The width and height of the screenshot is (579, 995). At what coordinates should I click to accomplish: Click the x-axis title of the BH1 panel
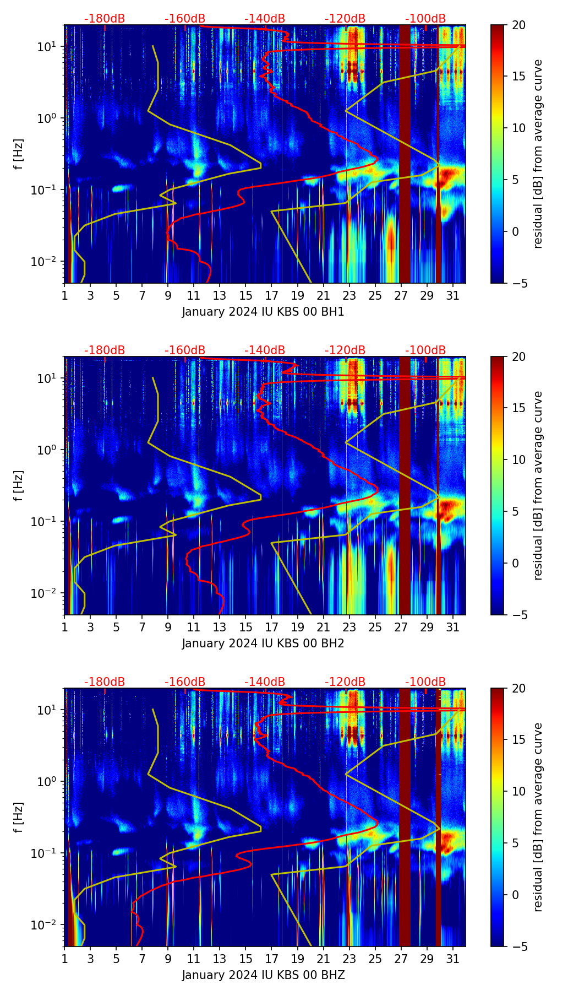263,312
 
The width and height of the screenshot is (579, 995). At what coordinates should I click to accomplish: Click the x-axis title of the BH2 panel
263,643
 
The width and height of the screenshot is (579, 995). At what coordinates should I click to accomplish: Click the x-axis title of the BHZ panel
263,975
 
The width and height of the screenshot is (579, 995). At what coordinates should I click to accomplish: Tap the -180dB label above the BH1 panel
105,19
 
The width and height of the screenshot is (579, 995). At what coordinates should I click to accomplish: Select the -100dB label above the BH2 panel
425,350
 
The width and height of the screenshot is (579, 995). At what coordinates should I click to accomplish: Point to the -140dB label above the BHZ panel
265,682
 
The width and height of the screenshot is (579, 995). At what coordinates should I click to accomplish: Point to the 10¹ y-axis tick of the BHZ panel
49,710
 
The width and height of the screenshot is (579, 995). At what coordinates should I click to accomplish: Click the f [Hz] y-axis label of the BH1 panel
19,154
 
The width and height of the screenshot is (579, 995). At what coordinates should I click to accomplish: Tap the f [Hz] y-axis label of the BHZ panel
19,817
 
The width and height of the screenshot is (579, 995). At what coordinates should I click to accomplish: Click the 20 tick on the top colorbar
518,25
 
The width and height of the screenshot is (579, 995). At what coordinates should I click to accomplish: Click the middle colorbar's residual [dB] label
538,485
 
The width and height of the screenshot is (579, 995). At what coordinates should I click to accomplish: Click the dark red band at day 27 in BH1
405,154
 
